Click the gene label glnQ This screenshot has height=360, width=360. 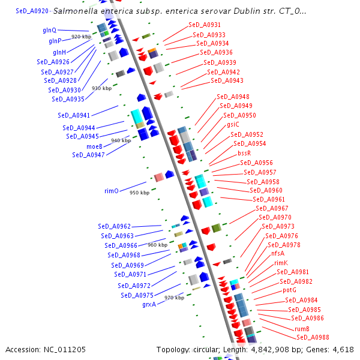click(49, 30)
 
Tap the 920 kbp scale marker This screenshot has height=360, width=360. click(81, 37)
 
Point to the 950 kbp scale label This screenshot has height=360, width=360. click(139, 193)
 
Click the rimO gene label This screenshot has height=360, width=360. click(112, 191)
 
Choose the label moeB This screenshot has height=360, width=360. click(94, 146)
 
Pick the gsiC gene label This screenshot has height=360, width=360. click(233, 124)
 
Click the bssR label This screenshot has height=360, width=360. click(244, 153)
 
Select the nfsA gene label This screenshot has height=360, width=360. click(278, 254)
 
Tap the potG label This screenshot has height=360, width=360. click(290, 290)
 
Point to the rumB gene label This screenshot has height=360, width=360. click(302, 329)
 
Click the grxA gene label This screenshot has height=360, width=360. click(149, 304)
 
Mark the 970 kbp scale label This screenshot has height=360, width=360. click(174, 298)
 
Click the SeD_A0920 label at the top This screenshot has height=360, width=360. click(32, 11)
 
